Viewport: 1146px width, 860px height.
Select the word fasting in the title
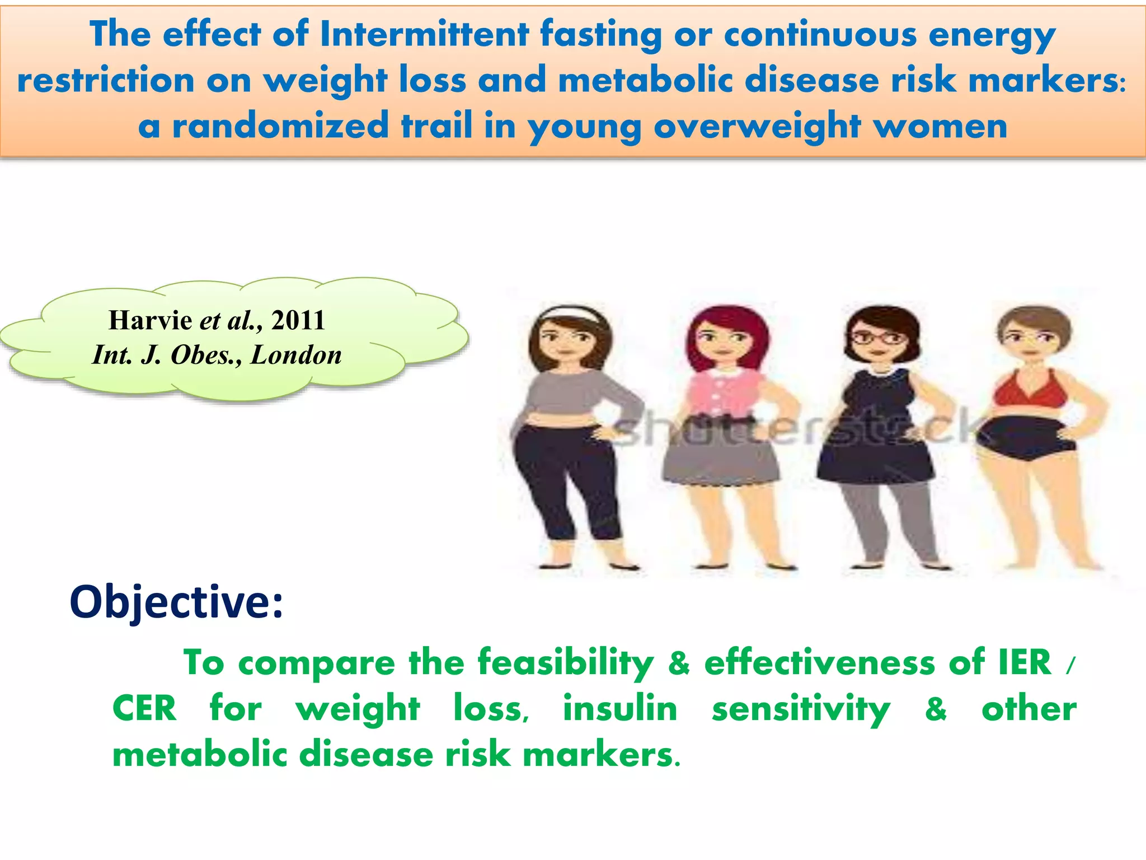tap(601, 35)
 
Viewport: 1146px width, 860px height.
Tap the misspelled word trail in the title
tap(436, 125)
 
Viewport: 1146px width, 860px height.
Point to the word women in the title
tap(940, 125)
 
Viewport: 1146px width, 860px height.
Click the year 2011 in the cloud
tap(298, 320)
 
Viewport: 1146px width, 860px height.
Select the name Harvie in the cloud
tap(150, 320)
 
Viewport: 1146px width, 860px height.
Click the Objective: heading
tap(176, 602)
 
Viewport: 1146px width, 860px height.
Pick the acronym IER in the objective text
tap(1025, 662)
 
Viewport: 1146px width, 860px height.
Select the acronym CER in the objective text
tap(144, 708)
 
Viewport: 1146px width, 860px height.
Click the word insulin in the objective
tap(620, 708)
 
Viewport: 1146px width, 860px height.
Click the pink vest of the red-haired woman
tap(722, 395)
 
